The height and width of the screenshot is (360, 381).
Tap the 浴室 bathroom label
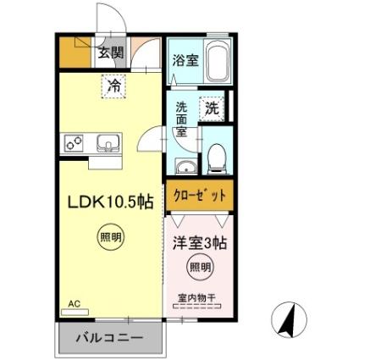(x=185, y=60)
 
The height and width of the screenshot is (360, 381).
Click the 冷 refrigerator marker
(x=113, y=85)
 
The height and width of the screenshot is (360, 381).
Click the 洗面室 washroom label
(x=182, y=120)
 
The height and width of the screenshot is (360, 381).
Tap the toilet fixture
(x=216, y=156)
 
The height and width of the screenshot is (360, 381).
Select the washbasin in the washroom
(x=185, y=164)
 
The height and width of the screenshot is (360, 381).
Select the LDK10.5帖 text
(x=110, y=203)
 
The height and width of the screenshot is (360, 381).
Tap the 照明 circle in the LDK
(x=110, y=239)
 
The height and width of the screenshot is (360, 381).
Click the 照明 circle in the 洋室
(x=197, y=268)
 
